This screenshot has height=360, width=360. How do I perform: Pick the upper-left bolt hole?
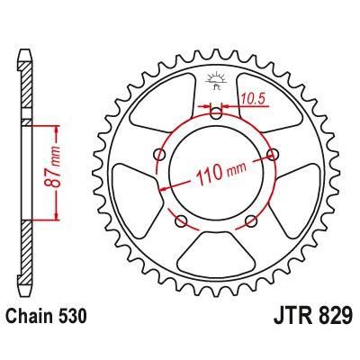click(157, 154)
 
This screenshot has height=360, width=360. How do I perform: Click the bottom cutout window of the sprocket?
click(216, 256)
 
